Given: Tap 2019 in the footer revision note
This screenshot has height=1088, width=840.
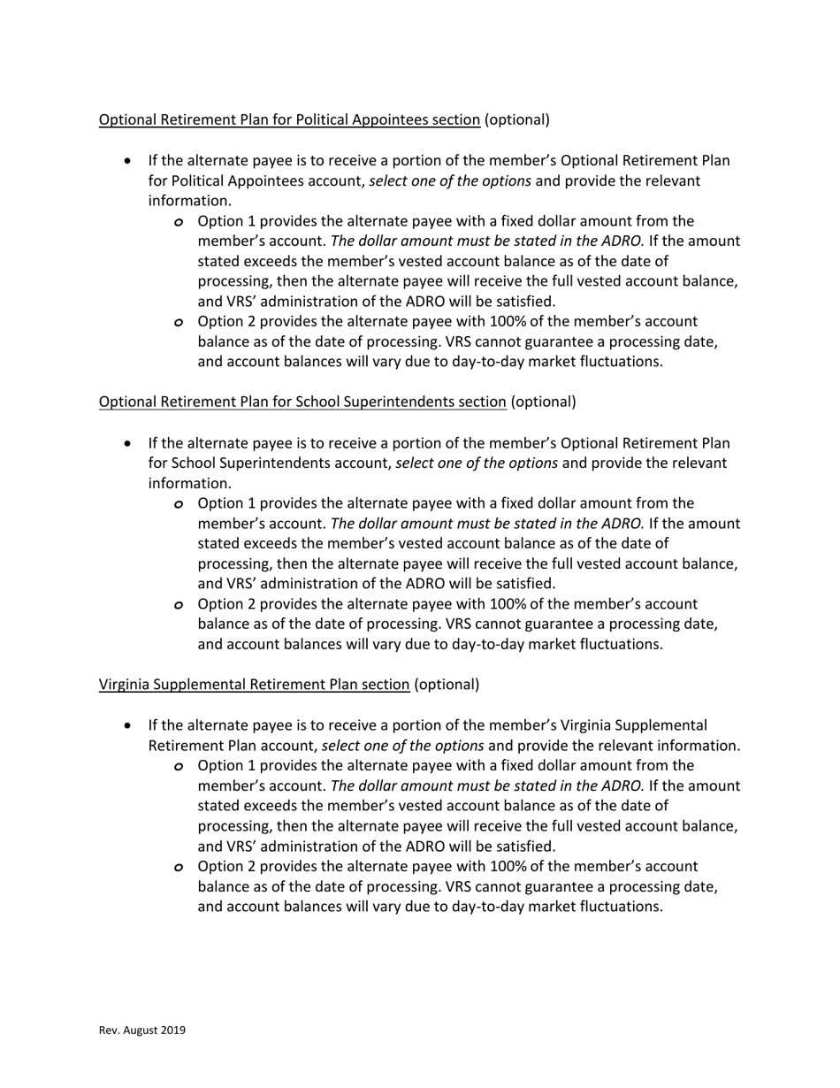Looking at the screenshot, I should pos(172,1031).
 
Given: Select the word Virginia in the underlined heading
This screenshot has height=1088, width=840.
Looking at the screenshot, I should pos(123,685).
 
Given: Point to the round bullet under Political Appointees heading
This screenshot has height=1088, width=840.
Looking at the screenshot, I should pos(129,162).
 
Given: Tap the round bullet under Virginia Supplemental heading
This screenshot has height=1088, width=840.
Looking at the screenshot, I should pos(129,726).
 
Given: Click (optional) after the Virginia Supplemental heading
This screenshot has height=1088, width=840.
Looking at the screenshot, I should pos(447,685).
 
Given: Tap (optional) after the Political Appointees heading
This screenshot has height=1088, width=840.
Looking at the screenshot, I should pos(517,119).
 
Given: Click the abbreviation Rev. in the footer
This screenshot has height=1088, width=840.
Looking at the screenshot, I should pos(108,1031).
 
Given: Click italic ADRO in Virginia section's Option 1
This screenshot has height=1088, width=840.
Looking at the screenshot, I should pos(622,785).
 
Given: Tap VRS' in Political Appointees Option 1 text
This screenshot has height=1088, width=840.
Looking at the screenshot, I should pos(242,302).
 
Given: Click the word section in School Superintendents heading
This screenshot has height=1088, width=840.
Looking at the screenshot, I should pos(483,402).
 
